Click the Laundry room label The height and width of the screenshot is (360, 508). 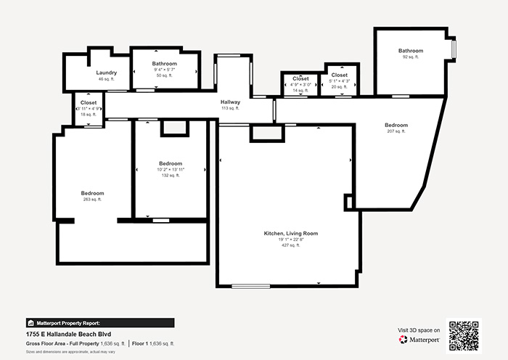(107, 73)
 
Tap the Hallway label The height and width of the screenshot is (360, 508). (231, 102)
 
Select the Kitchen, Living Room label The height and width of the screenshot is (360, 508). (290, 233)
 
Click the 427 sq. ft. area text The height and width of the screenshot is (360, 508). (290, 245)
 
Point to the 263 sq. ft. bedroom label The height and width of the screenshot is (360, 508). (92, 193)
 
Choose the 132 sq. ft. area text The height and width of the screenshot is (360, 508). (171, 175)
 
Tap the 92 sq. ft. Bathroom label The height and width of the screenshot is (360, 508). (410, 50)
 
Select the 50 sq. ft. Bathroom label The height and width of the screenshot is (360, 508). (164, 63)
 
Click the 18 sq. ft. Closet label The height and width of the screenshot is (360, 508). (89, 103)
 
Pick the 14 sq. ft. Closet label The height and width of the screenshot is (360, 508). (300, 78)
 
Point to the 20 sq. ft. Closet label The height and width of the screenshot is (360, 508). (339, 75)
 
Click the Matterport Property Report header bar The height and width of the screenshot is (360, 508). (99, 323)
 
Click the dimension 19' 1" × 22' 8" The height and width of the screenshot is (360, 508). (290, 240)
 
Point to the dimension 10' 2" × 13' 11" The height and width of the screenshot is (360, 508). (171, 169)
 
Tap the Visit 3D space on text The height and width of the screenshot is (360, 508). (419, 330)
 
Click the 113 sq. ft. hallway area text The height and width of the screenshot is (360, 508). (231, 108)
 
